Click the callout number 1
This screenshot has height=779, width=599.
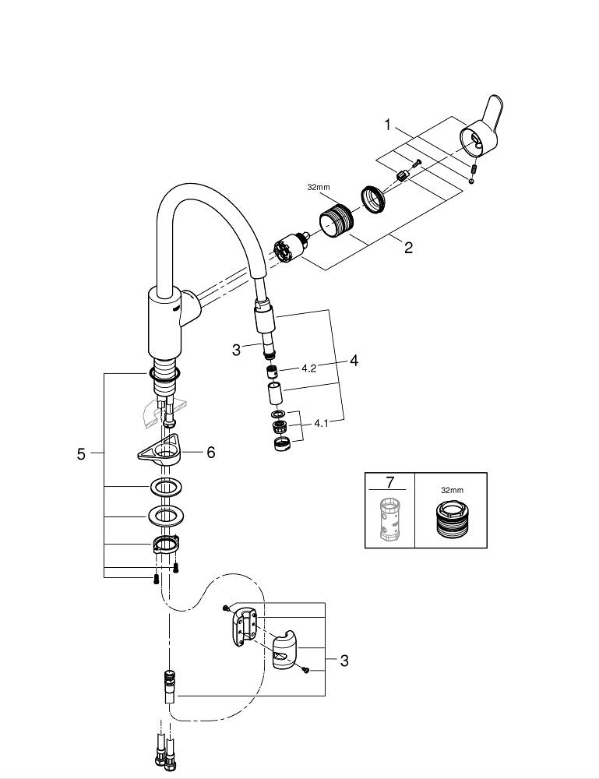[388, 125]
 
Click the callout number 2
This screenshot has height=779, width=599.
[408, 247]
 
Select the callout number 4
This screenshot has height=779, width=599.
[354, 360]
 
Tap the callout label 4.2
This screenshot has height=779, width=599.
[308, 368]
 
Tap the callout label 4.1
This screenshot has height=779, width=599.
[322, 424]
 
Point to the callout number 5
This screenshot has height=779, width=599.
[82, 453]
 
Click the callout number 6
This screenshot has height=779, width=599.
[210, 452]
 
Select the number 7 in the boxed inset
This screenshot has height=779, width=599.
[389, 481]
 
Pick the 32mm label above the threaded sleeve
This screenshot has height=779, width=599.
[319, 187]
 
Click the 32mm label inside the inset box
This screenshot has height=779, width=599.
[452, 489]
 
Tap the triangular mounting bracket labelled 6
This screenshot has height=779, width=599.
[160, 449]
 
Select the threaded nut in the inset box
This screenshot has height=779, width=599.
[451, 519]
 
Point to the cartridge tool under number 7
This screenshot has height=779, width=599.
[390, 520]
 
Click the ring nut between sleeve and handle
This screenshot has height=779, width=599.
[372, 199]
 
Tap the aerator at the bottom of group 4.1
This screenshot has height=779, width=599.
[281, 444]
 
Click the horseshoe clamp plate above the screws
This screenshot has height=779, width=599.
[165, 545]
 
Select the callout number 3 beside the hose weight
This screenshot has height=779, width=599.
[344, 661]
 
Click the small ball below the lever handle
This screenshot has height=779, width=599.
[470, 181]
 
